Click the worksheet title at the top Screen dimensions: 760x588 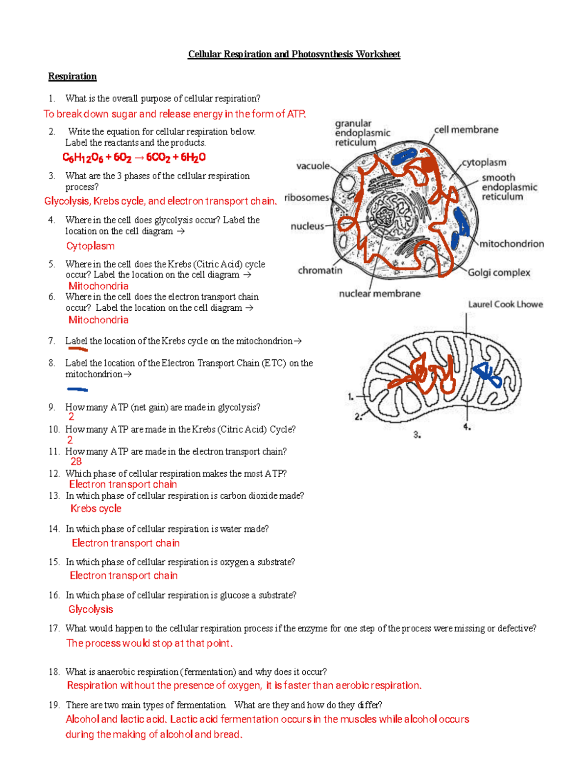point(294,54)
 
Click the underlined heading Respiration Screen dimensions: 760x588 point(72,76)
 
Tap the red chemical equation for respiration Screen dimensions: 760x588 point(134,158)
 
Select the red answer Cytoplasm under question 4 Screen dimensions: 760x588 point(90,246)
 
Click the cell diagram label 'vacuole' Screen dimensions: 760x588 point(313,166)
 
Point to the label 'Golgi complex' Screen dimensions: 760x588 point(498,273)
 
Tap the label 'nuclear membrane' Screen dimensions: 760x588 point(379,294)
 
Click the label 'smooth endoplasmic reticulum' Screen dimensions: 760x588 point(509,187)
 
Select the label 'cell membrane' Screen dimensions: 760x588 point(465,130)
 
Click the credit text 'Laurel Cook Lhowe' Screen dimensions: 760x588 point(505,304)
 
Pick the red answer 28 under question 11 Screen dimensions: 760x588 point(76,461)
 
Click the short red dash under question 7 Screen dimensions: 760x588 point(78,349)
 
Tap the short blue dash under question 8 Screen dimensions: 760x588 point(77,390)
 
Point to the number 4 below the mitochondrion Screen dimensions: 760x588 point(467,427)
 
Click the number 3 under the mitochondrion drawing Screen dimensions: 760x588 point(416,435)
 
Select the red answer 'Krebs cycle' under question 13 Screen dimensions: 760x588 point(96,508)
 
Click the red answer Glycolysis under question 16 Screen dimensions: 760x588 point(91,609)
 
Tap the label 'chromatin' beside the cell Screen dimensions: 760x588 point(320,271)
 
